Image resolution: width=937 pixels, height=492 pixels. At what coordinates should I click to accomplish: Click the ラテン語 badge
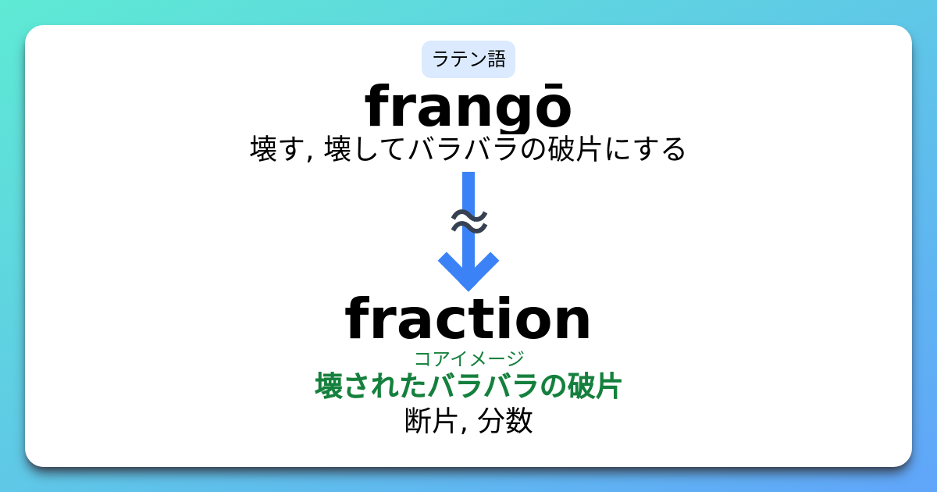(468, 59)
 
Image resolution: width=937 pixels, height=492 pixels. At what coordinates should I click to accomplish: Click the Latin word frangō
(468, 108)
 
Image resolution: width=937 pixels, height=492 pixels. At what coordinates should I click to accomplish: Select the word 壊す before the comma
(276, 148)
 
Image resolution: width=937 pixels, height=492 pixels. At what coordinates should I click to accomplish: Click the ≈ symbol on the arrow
(469, 222)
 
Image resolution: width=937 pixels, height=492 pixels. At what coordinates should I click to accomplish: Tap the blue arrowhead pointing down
(468, 270)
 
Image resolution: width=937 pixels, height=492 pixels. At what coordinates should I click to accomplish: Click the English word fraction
(468, 319)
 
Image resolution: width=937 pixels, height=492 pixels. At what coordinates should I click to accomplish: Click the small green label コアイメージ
(468, 358)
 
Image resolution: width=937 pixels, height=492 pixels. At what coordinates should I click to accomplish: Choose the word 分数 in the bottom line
(505, 421)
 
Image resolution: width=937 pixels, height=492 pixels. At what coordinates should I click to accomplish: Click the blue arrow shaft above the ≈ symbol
(468, 187)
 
